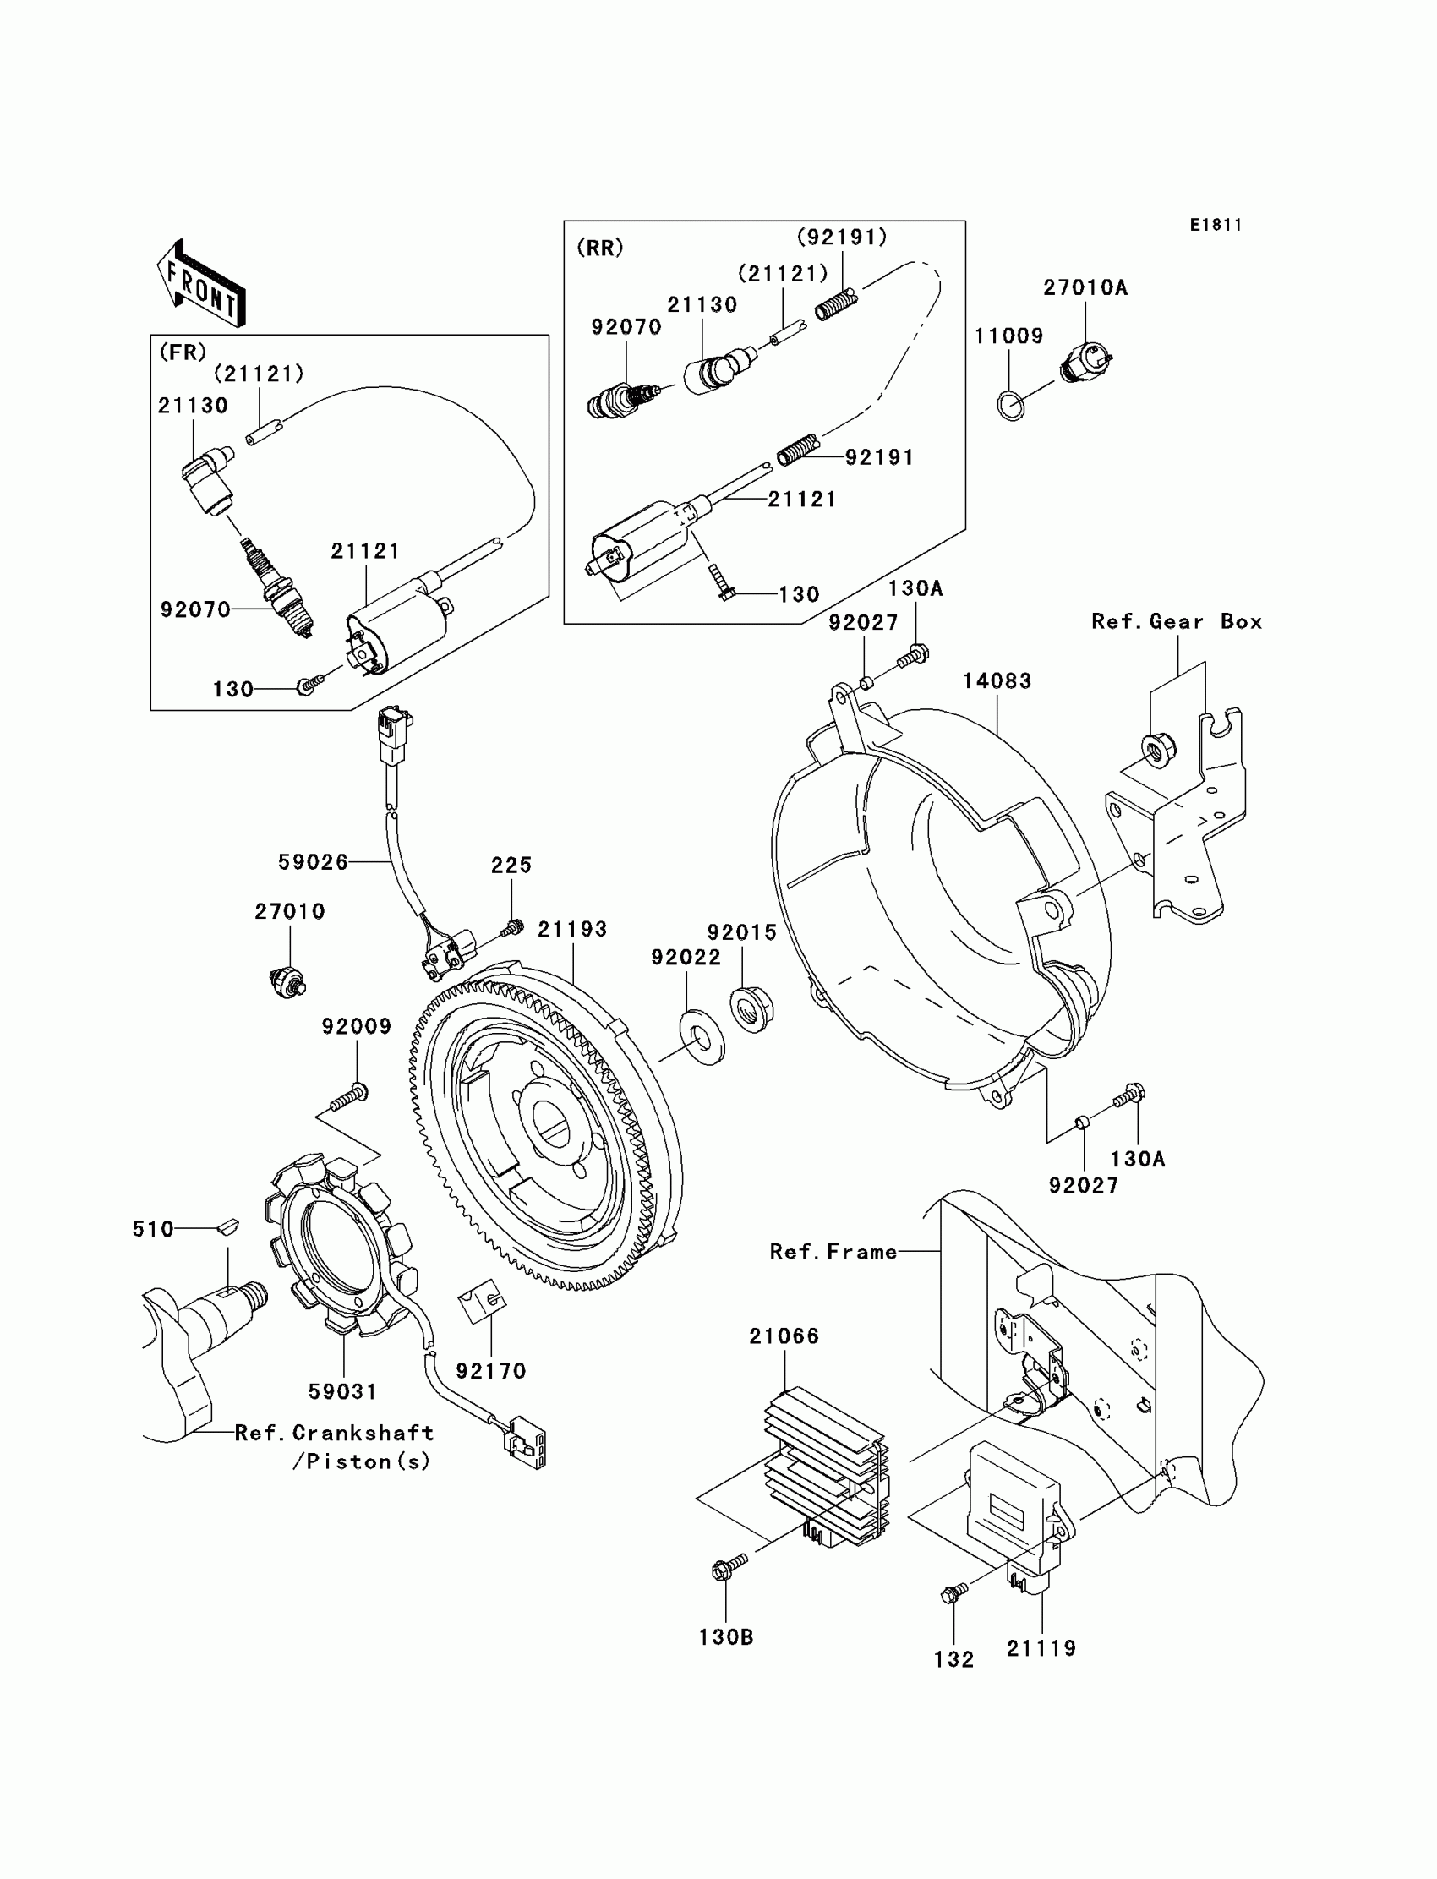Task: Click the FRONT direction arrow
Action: click(201, 283)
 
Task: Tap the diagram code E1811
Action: click(1216, 225)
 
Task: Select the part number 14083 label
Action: click(997, 680)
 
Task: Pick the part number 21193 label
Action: click(572, 929)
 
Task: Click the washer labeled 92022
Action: click(702, 1036)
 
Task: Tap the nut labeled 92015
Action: click(752, 1009)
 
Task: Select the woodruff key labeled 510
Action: click(227, 1228)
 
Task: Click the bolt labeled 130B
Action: click(729, 1566)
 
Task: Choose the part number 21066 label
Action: click(784, 1336)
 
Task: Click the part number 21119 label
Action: click(1041, 1648)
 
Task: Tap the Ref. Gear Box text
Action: click(1177, 622)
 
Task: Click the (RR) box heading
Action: click(600, 248)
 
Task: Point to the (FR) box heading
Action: click(183, 352)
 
